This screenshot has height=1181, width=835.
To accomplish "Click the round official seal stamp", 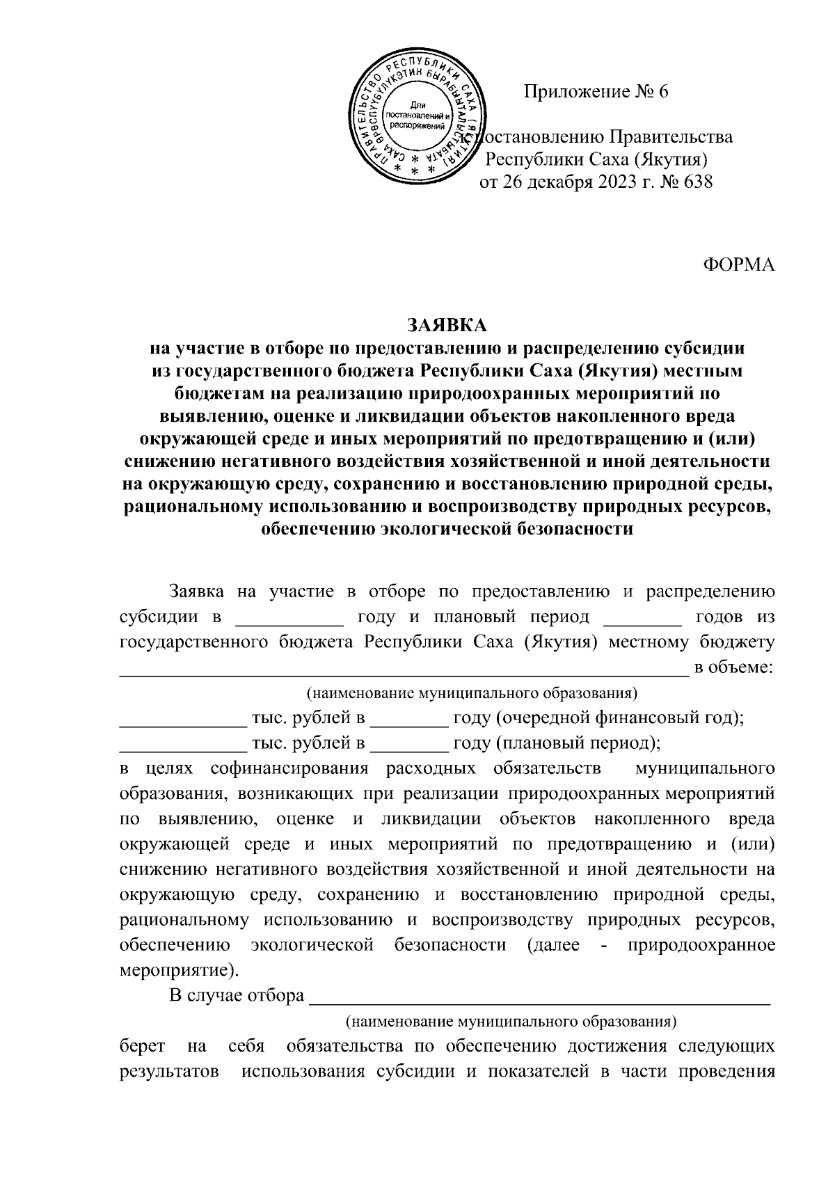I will pyautogui.click(x=417, y=119).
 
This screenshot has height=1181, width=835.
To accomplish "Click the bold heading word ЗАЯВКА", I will pyautogui.click(x=447, y=325).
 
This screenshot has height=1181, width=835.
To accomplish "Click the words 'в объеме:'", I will pyautogui.click(x=734, y=667).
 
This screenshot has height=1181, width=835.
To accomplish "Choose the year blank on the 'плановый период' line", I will pyautogui.click(x=409, y=744).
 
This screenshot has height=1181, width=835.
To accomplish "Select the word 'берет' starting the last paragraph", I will pyautogui.click(x=142, y=1046).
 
